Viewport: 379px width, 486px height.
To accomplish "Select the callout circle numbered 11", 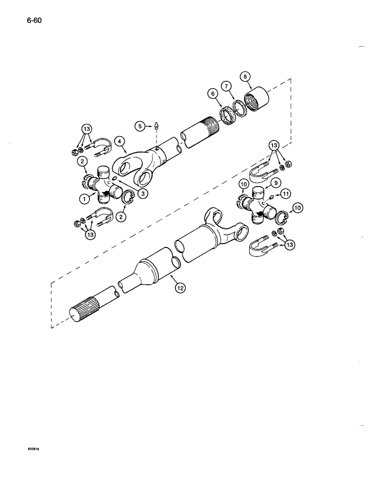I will click(287, 194).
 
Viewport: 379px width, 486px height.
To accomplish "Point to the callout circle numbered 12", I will click(180, 287).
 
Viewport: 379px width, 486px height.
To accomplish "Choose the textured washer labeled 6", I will click(227, 117).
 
